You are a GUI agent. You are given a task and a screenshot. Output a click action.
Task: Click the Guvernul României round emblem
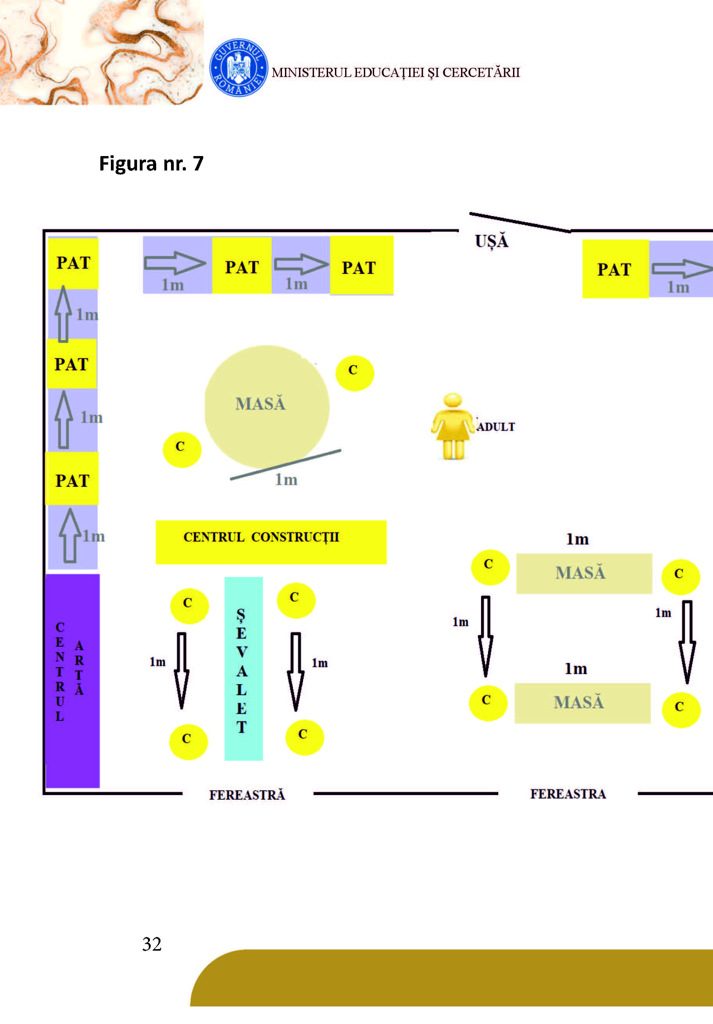point(239,67)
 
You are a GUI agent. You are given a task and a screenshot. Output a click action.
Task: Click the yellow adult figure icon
point(452,426)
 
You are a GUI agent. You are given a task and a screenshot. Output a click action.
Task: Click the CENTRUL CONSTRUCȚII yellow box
point(271,542)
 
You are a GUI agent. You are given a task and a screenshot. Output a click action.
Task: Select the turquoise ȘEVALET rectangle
point(243,669)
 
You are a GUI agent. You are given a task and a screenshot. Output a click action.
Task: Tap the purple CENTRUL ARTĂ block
point(73,681)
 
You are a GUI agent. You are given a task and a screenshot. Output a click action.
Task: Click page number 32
point(152,944)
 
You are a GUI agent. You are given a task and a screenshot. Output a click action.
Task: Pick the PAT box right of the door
point(615,269)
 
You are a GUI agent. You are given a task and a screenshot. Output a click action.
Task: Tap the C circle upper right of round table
point(355,373)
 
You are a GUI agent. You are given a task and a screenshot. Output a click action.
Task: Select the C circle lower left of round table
point(182,449)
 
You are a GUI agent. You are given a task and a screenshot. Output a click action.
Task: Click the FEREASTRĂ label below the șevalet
point(247,795)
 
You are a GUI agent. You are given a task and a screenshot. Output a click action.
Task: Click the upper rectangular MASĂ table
point(584,573)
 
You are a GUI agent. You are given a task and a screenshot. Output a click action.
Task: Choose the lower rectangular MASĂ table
point(582,703)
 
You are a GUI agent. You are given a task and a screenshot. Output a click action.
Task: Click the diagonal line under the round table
point(286,465)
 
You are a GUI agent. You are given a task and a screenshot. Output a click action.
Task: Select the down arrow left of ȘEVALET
point(181,670)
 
